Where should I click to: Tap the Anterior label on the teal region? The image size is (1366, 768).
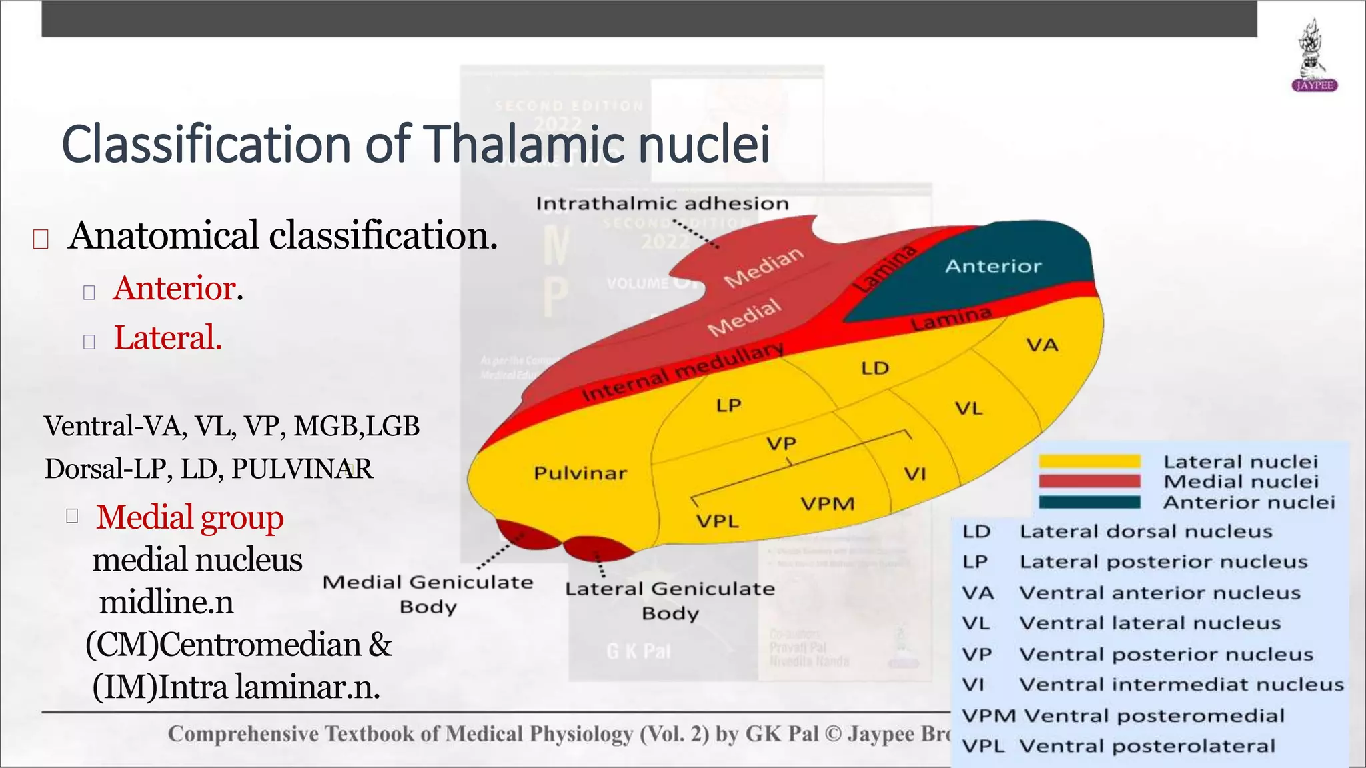click(x=992, y=267)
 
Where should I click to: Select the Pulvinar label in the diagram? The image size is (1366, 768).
click(x=580, y=473)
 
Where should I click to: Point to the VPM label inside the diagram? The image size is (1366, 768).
click(x=827, y=504)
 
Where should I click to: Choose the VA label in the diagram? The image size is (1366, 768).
click(x=1042, y=345)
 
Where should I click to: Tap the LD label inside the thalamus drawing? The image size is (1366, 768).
click(x=875, y=369)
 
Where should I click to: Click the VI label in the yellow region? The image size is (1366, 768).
click(x=914, y=474)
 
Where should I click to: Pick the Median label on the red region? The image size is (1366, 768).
click(x=764, y=267)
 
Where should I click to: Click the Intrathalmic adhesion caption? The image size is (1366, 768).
click(x=662, y=203)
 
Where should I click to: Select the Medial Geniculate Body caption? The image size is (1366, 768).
click(x=428, y=594)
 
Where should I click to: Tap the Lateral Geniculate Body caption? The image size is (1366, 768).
click(x=670, y=601)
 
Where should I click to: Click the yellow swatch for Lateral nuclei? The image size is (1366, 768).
click(x=1089, y=461)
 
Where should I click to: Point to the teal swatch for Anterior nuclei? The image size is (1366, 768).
click(x=1089, y=502)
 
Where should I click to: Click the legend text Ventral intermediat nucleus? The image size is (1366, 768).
click(x=1181, y=685)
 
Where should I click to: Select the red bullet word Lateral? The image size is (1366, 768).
click(x=167, y=337)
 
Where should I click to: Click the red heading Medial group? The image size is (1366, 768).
click(x=189, y=517)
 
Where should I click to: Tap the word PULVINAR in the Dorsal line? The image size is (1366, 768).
click(x=301, y=469)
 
